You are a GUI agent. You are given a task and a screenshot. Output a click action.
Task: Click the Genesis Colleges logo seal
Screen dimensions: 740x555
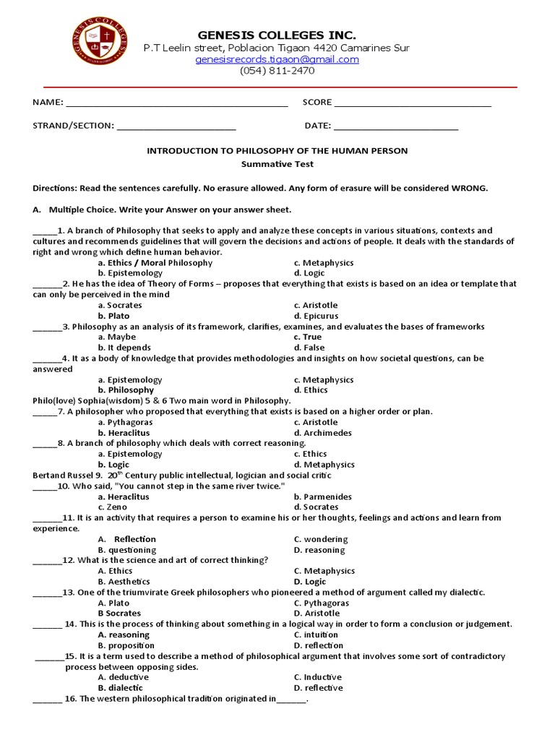point(102,46)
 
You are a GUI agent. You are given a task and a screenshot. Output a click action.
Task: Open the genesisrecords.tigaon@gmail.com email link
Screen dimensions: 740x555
point(277,59)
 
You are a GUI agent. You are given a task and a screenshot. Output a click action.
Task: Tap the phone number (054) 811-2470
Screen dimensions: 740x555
point(277,71)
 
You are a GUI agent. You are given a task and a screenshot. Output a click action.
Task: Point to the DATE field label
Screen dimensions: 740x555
point(317,126)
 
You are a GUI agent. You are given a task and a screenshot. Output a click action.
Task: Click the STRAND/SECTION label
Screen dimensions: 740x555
point(73,126)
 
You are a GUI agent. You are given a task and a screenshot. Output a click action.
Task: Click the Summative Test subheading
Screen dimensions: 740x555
point(277,164)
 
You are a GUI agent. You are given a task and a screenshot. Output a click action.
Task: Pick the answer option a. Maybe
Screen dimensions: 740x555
point(116,337)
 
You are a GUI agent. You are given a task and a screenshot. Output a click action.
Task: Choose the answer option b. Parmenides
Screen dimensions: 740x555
point(322,496)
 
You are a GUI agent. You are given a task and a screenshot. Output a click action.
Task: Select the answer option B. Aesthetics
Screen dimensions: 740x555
point(124,582)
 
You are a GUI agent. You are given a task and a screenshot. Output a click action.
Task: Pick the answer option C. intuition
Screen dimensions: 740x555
point(316,634)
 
